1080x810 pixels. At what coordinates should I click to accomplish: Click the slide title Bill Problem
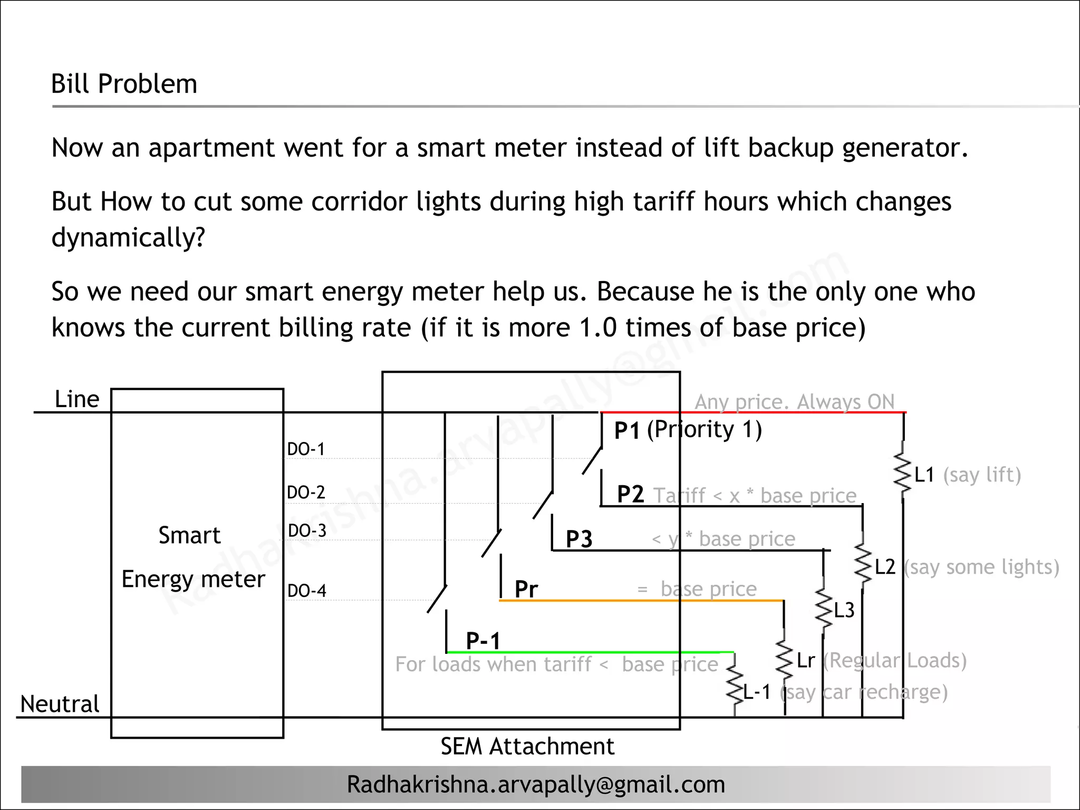(x=124, y=84)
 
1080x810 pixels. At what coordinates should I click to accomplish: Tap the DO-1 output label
(x=306, y=449)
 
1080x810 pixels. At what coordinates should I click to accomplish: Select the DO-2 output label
(x=306, y=493)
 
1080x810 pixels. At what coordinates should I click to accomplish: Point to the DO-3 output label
(x=307, y=531)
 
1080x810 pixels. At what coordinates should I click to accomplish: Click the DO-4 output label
(x=306, y=591)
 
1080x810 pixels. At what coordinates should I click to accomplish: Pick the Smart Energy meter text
(x=192, y=557)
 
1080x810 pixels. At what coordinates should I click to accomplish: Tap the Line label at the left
(x=77, y=399)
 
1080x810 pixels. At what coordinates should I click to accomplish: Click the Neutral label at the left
(x=60, y=704)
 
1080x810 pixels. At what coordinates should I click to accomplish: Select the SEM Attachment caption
(x=527, y=746)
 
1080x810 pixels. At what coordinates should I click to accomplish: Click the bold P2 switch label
(x=630, y=495)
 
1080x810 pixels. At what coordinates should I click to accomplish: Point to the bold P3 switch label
(x=579, y=539)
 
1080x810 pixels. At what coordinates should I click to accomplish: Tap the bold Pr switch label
(x=526, y=589)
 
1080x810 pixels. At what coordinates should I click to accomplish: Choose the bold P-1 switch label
(x=483, y=641)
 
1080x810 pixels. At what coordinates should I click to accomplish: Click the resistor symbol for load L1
(x=903, y=473)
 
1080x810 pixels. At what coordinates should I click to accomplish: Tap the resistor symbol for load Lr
(x=784, y=660)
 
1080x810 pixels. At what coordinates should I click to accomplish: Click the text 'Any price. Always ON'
(x=794, y=402)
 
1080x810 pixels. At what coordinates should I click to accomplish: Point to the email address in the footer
(x=536, y=784)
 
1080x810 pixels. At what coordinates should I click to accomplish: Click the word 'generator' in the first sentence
(x=905, y=148)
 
